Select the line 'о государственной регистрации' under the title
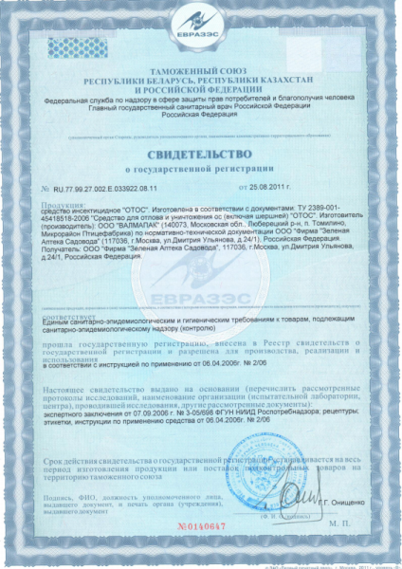tap(201, 171)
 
